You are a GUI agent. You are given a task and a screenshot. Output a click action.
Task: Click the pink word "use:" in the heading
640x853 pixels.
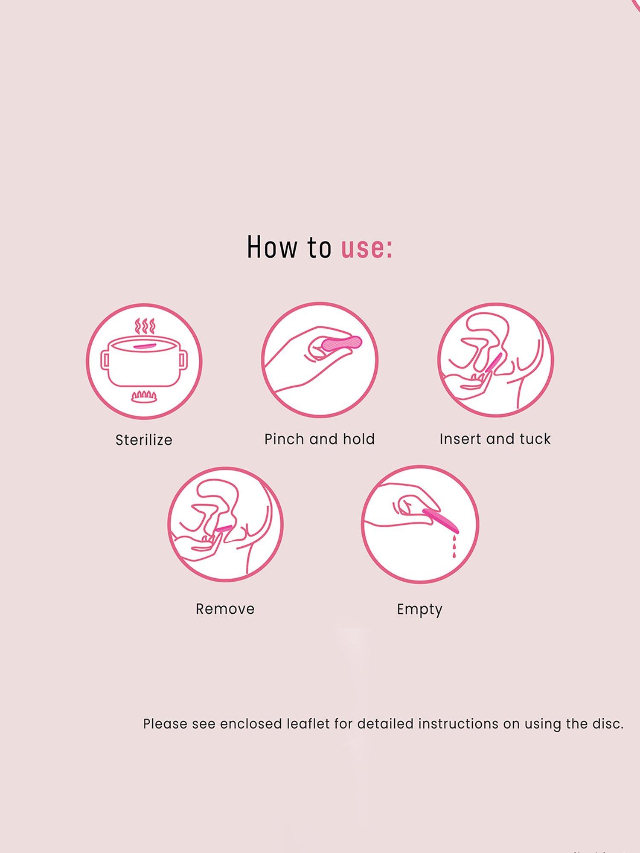tap(366, 248)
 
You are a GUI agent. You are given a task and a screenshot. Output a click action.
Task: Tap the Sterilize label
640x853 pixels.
tap(144, 440)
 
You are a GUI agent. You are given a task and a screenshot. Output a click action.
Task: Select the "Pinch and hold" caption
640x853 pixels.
tap(320, 439)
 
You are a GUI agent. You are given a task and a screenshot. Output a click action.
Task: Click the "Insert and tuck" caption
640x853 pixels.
tap(495, 439)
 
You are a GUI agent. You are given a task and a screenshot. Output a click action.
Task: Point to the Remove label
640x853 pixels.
tap(225, 609)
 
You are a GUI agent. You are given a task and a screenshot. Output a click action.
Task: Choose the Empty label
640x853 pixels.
tap(419, 609)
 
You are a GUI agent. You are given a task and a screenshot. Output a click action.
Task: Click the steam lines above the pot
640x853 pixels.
tap(145, 326)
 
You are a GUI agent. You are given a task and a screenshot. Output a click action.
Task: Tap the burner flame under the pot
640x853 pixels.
tap(144, 396)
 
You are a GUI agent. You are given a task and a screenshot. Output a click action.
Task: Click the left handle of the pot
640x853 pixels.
tap(105, 360)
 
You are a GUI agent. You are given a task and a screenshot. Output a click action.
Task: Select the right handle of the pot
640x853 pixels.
tap(183, 360)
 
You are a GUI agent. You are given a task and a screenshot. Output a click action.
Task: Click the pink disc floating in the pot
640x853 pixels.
tap(144, 346)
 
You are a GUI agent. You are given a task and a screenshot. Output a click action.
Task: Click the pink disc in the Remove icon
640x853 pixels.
tap(223, 528)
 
